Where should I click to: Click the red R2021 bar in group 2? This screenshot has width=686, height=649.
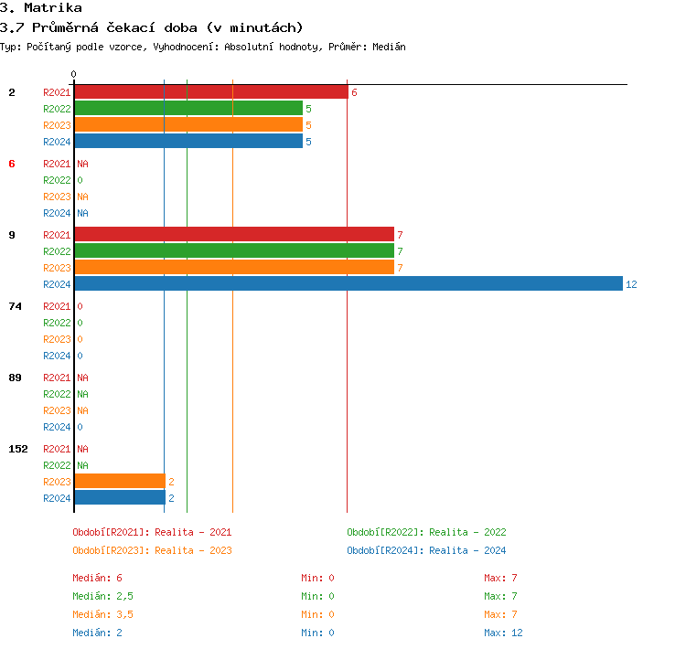coord(210,92)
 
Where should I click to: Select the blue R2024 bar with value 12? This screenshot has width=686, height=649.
coord(348,284)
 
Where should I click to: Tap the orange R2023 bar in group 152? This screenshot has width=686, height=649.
coord(120,482)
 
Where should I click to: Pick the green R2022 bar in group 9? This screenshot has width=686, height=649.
coord(233,251)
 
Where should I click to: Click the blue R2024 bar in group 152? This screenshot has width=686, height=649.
coord(120,498)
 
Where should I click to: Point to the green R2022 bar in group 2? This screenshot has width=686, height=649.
coord(188,109)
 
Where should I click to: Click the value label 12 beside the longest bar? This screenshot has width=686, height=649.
coord(631,284)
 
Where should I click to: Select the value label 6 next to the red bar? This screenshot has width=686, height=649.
coord(354,92)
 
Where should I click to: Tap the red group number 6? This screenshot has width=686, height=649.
coord(12,164)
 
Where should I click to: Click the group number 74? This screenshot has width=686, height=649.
coord(15,306)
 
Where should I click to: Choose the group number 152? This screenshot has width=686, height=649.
coord(18,449)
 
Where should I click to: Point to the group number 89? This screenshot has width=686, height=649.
coord(15,378)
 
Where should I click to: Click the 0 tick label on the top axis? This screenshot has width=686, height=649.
coord(74,74)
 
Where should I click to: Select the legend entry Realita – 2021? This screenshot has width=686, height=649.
coord(152,532)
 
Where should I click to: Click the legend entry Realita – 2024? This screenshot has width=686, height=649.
coord(426,550)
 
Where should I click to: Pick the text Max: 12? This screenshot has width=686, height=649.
coord(503,633)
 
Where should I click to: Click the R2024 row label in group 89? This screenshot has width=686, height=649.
coord(57,427)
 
